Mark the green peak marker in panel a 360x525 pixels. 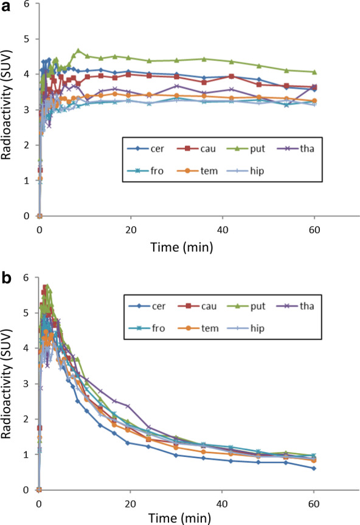pos(78,50)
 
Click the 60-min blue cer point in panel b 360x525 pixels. pos(313,468)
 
